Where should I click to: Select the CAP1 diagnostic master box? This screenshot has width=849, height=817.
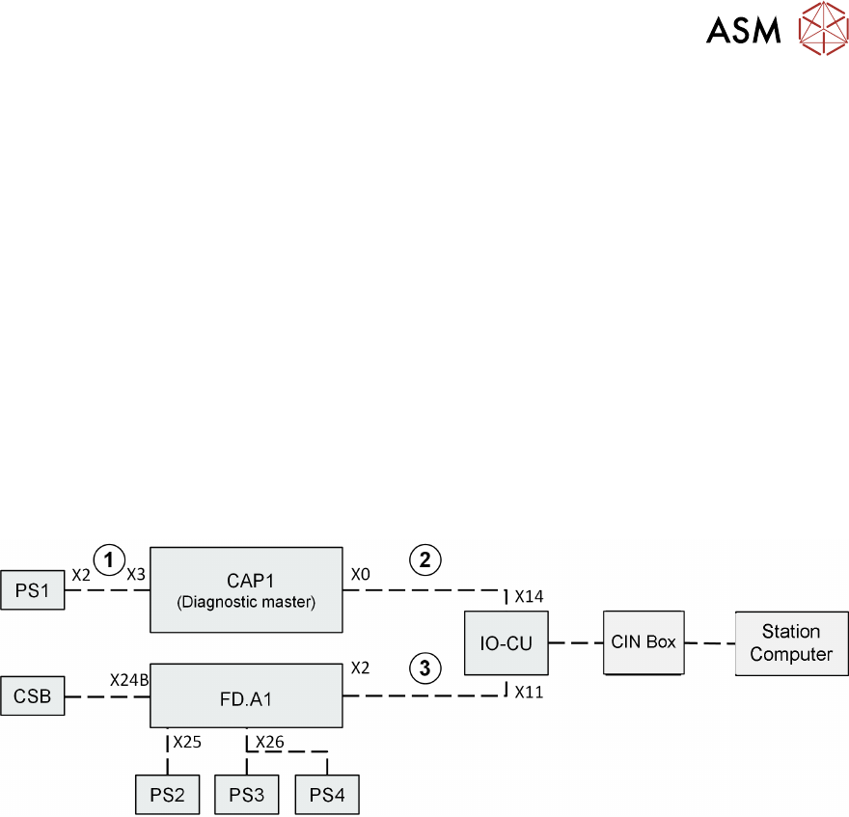pos(246,588)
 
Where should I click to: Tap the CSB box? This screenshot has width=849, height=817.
pos(33,696)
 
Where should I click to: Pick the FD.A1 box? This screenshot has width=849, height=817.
pos(246,694)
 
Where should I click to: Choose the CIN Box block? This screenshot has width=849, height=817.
pos(643,642)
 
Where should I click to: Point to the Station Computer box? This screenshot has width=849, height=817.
pos(791,643)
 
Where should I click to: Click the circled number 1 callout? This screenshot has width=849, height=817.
pos(109,558)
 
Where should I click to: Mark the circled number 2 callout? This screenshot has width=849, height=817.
pos(424,558)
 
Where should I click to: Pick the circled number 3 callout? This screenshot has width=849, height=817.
pos(424,666)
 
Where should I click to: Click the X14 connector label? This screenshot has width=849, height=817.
pos(530,596)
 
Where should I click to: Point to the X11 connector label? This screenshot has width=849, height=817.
pos(529,692)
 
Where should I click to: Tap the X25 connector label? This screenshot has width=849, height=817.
pos(187,743)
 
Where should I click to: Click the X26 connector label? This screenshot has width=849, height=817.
pos(270,742)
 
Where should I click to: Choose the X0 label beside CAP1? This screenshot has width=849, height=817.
pos(360,574)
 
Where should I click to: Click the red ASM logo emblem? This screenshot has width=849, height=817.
pos(820,30)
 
